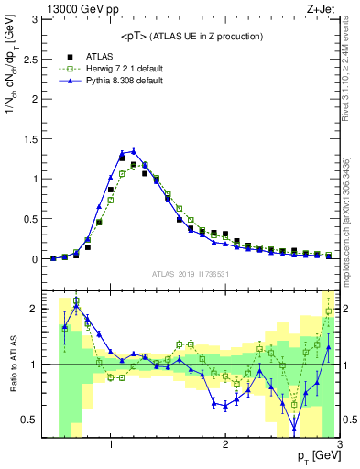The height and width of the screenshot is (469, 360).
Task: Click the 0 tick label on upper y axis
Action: (x=35, y=259)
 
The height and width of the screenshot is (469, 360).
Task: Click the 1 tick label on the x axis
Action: (x=111, y=445)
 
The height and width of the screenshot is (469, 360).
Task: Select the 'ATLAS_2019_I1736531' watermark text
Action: (x=191, y=274)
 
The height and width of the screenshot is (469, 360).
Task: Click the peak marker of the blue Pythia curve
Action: (x=133, y=151)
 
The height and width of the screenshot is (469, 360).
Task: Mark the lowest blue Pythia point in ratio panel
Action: (x=294, y=428)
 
